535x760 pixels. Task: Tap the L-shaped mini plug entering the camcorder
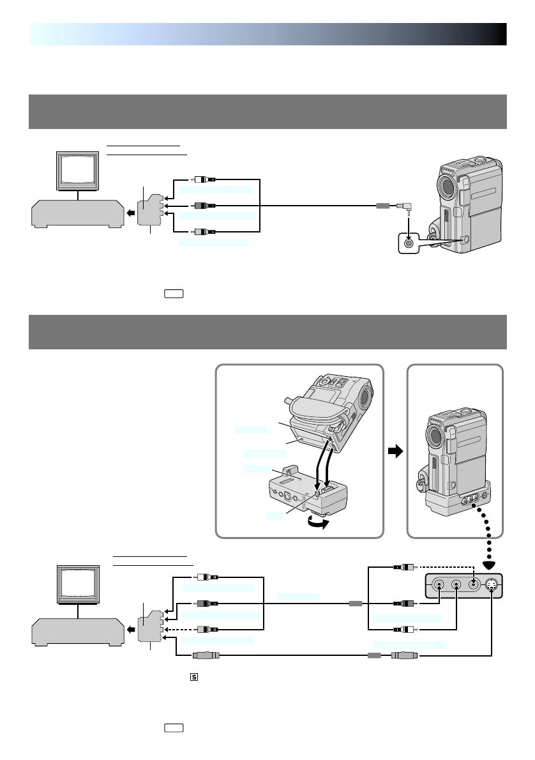coord(403,206)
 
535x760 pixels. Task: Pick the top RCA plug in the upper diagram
coord(205,181)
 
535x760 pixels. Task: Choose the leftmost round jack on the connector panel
coord(439,584)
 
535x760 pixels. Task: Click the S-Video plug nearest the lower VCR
coord(205,655)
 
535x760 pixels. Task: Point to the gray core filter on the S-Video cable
coord(375,655)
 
